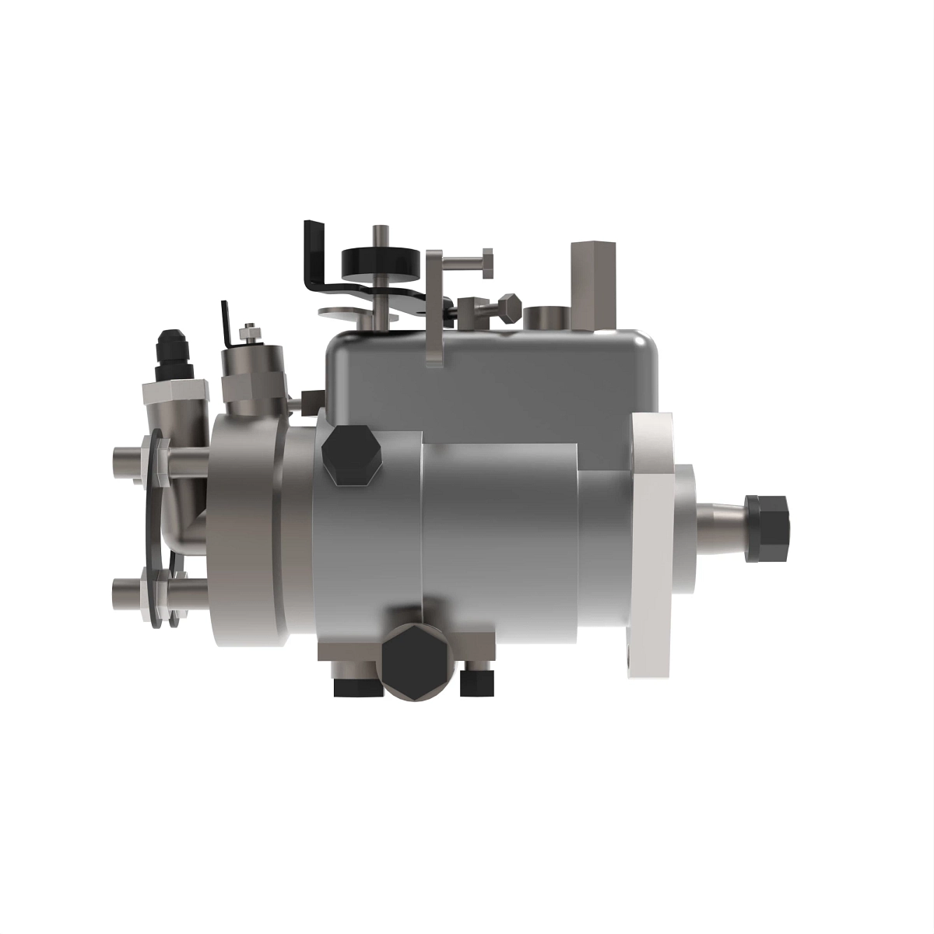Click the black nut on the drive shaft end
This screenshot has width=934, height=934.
(767, 527)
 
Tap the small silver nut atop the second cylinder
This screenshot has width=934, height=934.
(250, 333)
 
